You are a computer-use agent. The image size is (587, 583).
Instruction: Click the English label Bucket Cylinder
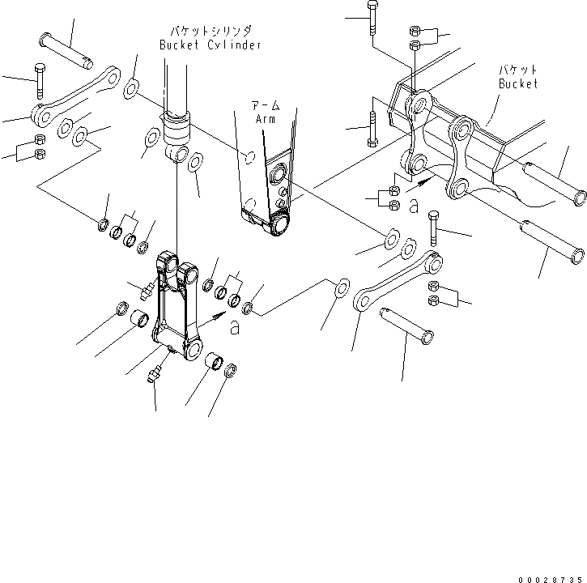[x=210, y=45]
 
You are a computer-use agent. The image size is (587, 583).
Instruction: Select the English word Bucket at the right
[x=517, y=83]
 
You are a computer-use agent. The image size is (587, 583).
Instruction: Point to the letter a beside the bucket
[x=414, y=208]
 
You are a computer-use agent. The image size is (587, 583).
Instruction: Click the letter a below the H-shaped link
[x=235, y=327]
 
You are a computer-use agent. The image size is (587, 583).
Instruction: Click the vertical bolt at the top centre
[x=372, y=18]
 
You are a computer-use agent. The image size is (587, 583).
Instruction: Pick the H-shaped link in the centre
[x=179, y=308]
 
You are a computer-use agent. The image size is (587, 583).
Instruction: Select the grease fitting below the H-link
[x=155, y=373]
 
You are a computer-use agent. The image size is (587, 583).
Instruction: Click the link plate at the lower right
[x=397, y=280]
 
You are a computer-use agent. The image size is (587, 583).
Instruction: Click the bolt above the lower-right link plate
[x=434, y=228]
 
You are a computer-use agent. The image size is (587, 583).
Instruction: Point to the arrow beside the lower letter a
[x=216, y=311]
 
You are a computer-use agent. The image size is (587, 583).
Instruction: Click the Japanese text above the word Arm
[x=262, y=105]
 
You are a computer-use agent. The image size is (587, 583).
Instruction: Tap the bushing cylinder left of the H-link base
[x=139, y=320]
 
